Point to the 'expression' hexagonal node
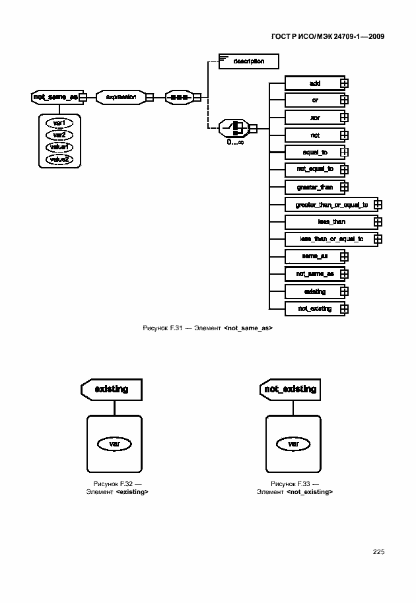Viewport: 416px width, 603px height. click(x=121, y=97)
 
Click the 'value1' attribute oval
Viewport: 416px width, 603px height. click(x=59, y=147)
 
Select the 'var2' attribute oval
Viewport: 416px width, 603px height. click(x=59, y=135)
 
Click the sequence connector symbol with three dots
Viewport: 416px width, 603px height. click(x=178, y=97)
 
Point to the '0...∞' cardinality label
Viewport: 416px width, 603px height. click(x=235, y=141)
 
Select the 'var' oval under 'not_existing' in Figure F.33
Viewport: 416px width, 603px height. click(x=293, y=444)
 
